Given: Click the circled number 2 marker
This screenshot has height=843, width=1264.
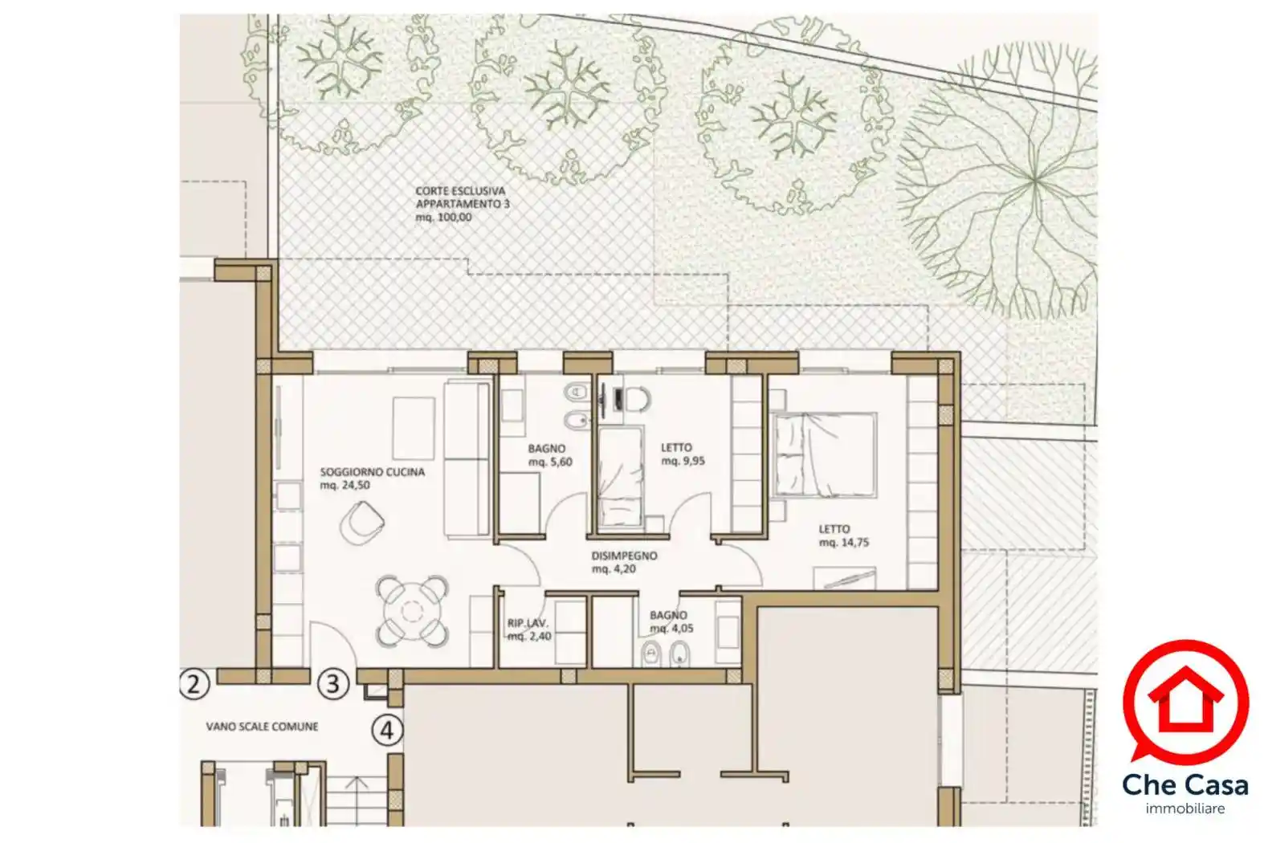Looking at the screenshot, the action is (x=194, y=684).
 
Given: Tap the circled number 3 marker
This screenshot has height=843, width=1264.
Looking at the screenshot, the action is (x=333, y=684).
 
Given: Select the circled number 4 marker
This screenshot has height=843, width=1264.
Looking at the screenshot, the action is (x=387, y=731).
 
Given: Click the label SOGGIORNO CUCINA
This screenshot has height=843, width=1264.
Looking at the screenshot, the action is (x=373, y=472).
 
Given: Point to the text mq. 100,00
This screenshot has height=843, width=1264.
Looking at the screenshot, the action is (x=443, y=218).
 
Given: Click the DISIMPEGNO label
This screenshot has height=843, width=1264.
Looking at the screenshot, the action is (x=624, y=556).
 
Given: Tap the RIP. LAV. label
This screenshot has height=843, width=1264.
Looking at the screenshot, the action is (x=528, y=624).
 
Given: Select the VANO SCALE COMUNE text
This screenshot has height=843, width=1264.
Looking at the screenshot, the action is (x=262, y=727).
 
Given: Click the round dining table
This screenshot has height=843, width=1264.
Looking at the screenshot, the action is (x=413, y=611).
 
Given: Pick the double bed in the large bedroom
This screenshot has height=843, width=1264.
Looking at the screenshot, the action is (x=825, y=454).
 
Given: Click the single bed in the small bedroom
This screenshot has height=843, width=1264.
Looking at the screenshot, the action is (x=621, y=478).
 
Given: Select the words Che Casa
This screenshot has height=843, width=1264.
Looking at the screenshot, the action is (x=1185, y=785).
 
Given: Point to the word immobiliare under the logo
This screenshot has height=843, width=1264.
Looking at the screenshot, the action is (x=1185, y=808).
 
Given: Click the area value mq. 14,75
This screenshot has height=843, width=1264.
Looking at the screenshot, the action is (x=844, y=542).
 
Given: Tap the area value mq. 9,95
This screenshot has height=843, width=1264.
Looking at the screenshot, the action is (x=683, y=461).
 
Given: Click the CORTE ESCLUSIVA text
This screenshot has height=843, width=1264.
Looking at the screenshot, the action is (x=460, y=191).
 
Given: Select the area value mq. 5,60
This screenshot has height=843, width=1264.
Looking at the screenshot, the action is (x=550, y=462).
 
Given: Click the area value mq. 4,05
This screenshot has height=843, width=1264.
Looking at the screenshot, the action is (x=671, y=629).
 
